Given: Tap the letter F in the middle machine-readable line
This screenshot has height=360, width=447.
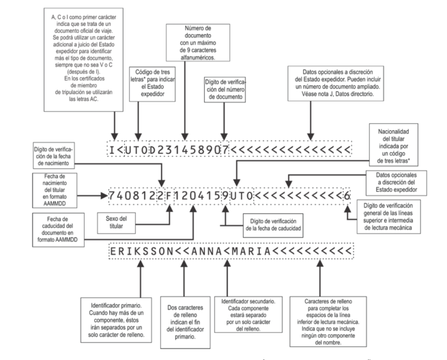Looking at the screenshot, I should pyautogui.click(x=168, y=196).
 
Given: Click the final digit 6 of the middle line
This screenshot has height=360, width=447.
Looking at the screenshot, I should pyautogui.click(x=347, y=196).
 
